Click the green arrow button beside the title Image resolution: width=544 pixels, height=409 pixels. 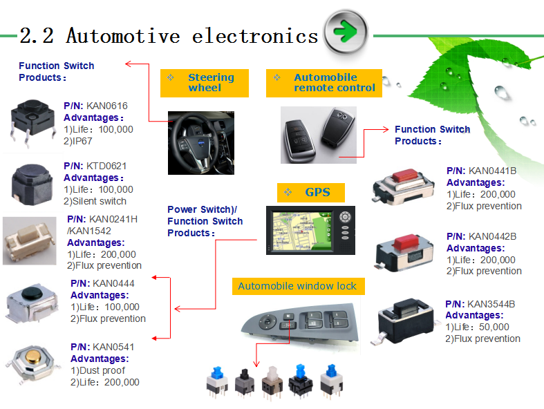(x=346, y=32)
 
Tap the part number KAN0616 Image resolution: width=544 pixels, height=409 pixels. (x=107, y=106)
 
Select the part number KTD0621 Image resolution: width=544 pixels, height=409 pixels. (x=106, y=166)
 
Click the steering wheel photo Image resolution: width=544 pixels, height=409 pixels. (x=201, y=143)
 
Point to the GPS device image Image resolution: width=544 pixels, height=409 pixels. (x=310, y=230)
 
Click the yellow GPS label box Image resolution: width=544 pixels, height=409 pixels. (x=311, y=193)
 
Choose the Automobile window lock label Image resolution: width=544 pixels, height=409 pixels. (x=298, y=286)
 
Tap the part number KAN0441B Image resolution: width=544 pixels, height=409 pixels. (x=492, y=171)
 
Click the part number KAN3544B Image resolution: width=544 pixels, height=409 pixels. (x=491, y=304)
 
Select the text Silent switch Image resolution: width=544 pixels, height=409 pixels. (x=100, y=201)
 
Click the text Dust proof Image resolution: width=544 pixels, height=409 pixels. (x=102, y=370)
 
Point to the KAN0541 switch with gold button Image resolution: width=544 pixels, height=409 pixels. (x=33, y=363)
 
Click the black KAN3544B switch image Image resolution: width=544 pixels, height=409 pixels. (x=402, y=321)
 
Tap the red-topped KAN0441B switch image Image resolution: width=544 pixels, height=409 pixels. (x=403, y=186)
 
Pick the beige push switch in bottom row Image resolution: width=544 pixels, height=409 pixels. (x=272, y=383)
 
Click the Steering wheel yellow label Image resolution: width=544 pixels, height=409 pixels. (x=205, y=84)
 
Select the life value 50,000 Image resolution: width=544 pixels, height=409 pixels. (x=494, y=327)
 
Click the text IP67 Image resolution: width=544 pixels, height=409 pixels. (x=82, y=141)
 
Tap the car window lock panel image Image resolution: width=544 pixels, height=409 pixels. (x=300, y=322)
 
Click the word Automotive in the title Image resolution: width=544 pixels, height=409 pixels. (x=123, y=36)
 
